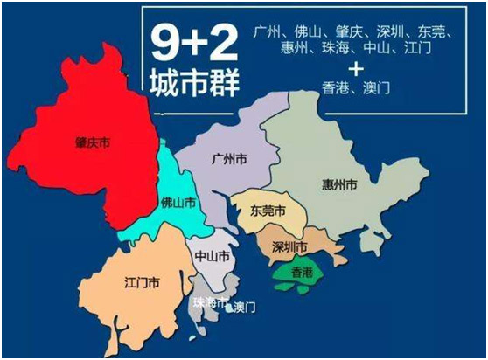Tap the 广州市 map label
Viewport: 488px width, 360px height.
click(x=227, y=161)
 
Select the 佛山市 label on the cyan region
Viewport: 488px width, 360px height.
click(x=175, y=201)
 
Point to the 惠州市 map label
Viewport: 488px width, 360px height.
click(x=338, y=186)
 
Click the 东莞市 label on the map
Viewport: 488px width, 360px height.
click(x=268, y=211)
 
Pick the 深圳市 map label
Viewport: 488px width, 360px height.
click(x=289, y=246)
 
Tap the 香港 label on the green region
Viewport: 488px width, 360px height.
click(x=301, y=272)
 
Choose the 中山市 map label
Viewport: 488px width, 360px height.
click(x=213, y=257)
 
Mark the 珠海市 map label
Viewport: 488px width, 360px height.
click(x=209, y=303)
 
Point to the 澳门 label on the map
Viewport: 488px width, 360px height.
click(x=245, y=308)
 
